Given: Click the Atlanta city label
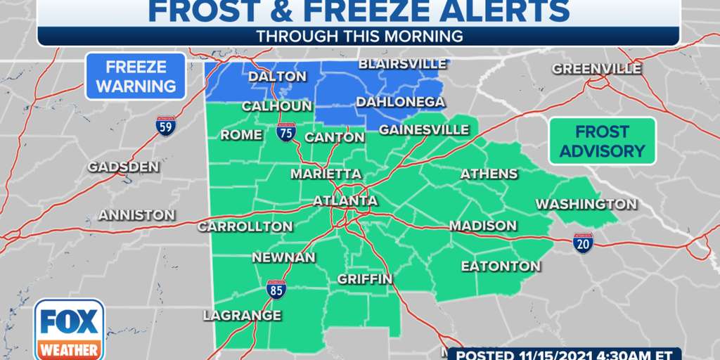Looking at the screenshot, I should [x=345, y=201].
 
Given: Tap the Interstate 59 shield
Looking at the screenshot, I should [x=165, y=127].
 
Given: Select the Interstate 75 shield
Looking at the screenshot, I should [x=285, y=133].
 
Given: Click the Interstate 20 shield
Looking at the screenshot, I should [x=583, y=243].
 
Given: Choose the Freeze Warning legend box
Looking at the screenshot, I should [x=136, y=77].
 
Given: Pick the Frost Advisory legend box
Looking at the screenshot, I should [x=603, y=141].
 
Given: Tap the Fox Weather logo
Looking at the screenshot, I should [x=70, y=330].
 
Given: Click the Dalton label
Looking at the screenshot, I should [x=277, y=77].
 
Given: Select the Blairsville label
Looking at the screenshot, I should [x=402, y=64].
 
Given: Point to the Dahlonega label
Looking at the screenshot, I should [x=400, y=102].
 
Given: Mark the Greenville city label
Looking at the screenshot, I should [x=596, y=69].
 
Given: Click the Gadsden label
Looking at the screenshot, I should [x=124, y=167].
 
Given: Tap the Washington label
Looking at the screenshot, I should [x=586, y=204].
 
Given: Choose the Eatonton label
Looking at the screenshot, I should [x=501, y=266].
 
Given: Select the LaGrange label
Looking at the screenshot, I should [x=242, y=316].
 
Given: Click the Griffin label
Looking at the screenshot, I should [x=364, y=279].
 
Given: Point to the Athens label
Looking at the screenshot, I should [x=489, y=174].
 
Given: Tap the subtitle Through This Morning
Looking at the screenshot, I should [x=359, y=35].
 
